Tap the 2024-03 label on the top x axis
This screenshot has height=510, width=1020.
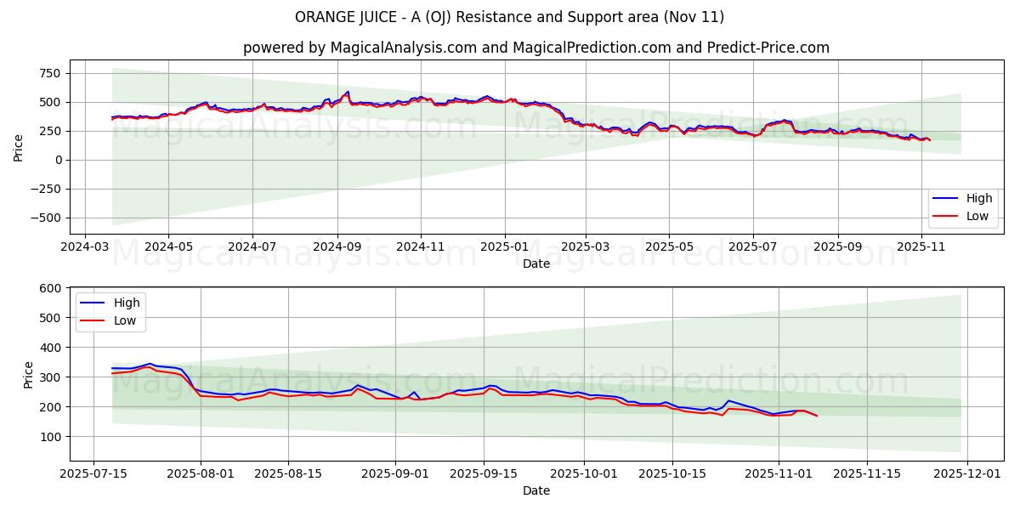[84, 247]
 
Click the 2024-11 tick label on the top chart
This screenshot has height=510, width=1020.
[421, 247]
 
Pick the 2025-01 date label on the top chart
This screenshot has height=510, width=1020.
[505, 247]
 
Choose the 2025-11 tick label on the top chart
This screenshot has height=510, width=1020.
[922, 247]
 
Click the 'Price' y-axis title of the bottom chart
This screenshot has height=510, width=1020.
[29, 375]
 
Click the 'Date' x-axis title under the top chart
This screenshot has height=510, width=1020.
[535, 263]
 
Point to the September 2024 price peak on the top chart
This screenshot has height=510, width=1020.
[347, 91]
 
